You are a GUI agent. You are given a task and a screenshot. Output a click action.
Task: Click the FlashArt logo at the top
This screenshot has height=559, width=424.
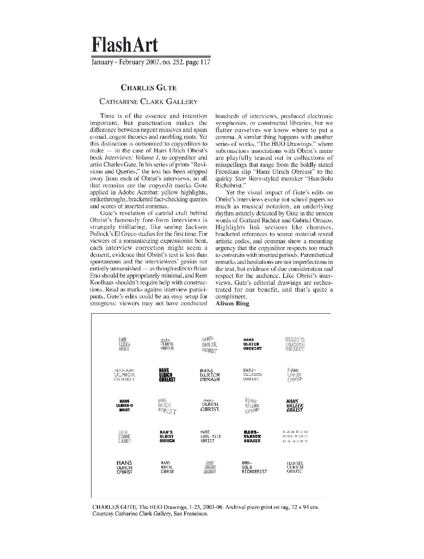click(x=124, y=44)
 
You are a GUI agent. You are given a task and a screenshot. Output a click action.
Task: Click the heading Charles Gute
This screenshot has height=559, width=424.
click(x=148, y=87)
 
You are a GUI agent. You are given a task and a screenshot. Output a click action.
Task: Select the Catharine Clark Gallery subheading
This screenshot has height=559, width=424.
click(x=149, y=102)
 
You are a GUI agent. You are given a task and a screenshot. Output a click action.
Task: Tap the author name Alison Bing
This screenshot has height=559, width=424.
click(x=232, y=304)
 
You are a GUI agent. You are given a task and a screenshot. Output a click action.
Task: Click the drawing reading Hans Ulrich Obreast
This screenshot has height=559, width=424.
click(x=167, y=374)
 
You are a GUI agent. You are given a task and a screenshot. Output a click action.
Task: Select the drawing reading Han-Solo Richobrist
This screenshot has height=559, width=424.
click(x=254, y=467)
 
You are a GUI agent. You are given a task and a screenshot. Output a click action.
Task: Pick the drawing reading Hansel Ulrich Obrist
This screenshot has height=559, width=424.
click(x=295, y=467)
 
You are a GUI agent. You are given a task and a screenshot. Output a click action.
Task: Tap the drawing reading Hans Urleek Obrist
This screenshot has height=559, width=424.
click(x=295, y=405)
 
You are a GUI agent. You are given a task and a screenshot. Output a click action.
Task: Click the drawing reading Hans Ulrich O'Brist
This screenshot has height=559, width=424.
click(x=124, y=467)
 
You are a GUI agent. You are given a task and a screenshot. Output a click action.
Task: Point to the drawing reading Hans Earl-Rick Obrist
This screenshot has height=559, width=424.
click(x=211, y=436)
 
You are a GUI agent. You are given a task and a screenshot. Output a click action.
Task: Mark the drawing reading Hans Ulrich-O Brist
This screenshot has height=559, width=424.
click(x=124, y=405)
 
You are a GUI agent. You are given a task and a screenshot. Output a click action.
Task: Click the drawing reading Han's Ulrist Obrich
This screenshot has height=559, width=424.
click(x=167, y=436)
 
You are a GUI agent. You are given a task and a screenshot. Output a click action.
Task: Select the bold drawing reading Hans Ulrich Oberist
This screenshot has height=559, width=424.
click(x=252, y=344)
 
